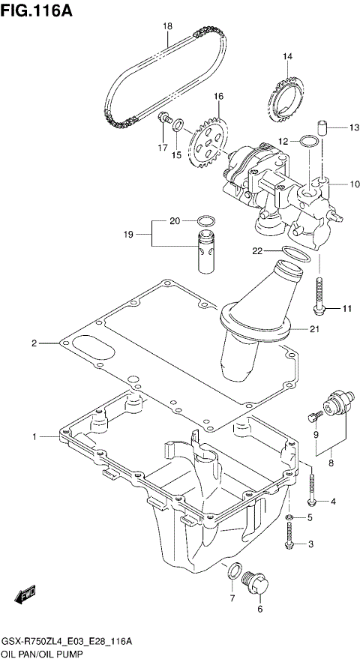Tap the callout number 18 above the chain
tap(168, 26)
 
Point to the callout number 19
tap(128, 235)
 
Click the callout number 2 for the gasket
tap(34, 343)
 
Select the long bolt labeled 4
tap(312, 488)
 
